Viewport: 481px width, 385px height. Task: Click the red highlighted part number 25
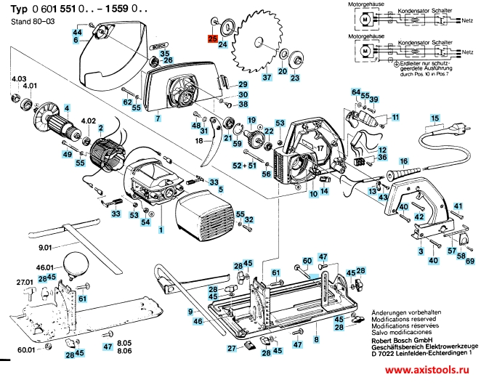point(212,39)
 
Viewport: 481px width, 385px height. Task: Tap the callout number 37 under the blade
point(266,77)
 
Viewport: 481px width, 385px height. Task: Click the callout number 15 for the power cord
point(435,118)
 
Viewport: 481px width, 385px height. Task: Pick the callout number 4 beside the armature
point(67,109)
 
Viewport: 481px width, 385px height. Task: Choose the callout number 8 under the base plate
point(315,339)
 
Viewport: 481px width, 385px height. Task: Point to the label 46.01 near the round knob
point(45,268)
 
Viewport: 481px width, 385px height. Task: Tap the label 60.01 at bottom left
point(26,350)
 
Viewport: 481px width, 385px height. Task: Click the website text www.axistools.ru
point(433,376)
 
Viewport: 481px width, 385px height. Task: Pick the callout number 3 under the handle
point(420,251)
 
